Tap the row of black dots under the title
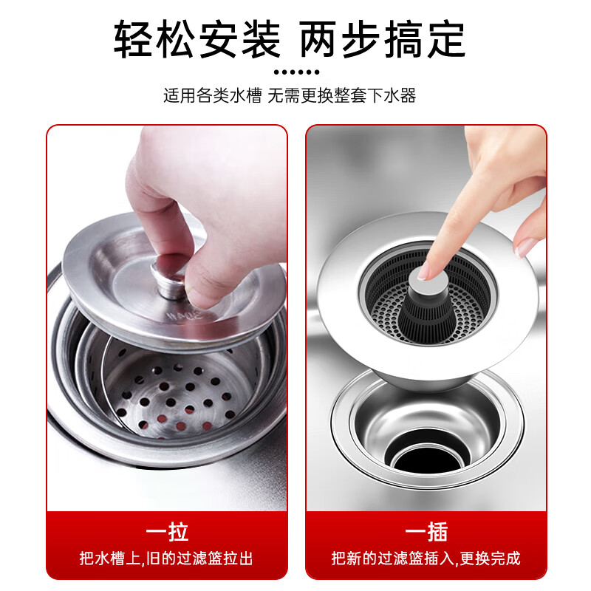pos(295,72)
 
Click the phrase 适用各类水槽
pos(213,96)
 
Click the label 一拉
pos(167,532)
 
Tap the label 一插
pos(426,532)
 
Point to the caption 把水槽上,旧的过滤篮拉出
pos(167,558)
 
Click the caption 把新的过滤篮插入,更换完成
pos(426,558)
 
